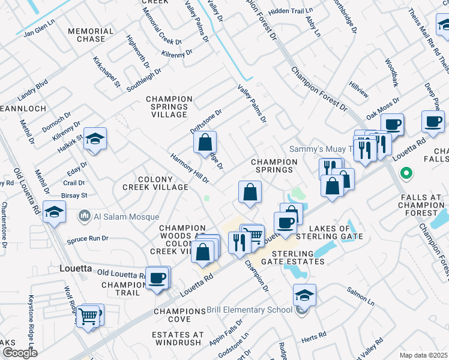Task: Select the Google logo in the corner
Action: point(19,352)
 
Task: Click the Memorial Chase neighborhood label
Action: point(91,35)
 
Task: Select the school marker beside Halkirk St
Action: point(95,140)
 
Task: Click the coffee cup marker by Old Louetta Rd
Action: point(158,278)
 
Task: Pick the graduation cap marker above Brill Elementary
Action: point(304,295)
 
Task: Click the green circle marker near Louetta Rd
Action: point(406,174)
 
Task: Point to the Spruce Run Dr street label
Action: point(88,238)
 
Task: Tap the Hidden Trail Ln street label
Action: point(292,11)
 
